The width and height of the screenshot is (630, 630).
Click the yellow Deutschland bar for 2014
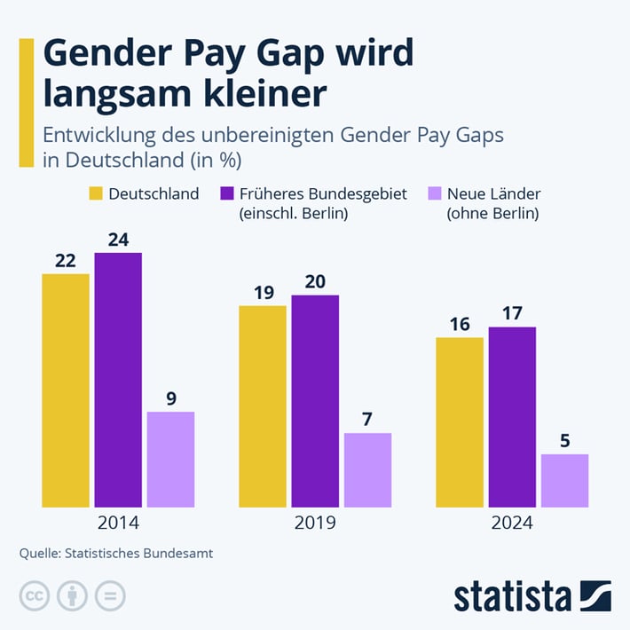tap(66, 390)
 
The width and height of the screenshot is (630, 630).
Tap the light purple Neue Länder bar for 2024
tap(564, 480)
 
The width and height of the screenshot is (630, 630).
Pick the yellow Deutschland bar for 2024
tap(459, 422)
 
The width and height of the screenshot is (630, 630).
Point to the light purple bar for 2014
tap(170, 459)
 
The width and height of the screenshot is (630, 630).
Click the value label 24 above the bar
tap(118, 240)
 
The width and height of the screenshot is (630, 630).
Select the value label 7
tap(367, 420)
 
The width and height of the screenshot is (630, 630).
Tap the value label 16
tap(459, 324)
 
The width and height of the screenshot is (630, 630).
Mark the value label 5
tap(564, 441)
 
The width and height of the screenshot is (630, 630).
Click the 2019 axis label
tap(314, 523)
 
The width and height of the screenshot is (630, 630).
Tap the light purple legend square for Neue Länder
tap(434, 193)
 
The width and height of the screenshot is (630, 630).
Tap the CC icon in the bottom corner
tap(34, 596)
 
